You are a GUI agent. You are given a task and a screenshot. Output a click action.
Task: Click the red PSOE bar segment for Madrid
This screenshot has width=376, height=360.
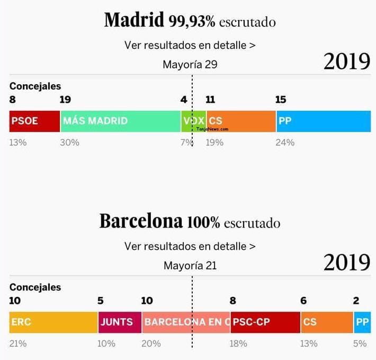pos(34,121)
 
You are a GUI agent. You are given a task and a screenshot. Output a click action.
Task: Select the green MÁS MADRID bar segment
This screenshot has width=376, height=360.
pos(120,121)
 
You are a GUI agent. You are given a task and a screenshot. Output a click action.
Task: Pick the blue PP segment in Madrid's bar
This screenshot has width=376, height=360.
pos(323,121)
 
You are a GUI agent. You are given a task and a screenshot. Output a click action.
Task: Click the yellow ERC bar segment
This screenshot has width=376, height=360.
pos(53,322)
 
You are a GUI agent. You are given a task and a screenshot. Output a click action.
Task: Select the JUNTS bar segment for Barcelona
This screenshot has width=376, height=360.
pos(120,322)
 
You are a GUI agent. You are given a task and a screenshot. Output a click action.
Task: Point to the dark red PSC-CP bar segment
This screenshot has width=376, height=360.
pos(265,322)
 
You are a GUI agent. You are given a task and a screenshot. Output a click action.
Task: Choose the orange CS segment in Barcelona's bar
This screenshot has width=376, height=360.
pos(327,322)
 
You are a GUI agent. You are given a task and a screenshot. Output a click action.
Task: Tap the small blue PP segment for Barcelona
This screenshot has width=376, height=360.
pos(362,322)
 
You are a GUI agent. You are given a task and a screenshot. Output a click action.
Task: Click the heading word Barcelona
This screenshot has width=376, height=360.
pos(141,221)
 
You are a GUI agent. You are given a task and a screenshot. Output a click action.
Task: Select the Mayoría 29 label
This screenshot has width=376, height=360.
pos(190,65)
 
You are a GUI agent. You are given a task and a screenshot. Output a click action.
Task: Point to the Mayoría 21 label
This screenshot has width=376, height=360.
pos(190,266)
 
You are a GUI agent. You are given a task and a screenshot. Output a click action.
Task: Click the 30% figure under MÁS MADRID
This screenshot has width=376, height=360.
pos(69,142)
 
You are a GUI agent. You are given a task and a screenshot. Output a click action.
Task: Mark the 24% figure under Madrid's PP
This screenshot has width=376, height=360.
pos(285,142)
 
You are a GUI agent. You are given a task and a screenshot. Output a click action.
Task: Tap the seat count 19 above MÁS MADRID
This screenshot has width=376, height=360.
pos(65,100)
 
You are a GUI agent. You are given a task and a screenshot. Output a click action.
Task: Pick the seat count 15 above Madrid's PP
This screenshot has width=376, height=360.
pos(281,100)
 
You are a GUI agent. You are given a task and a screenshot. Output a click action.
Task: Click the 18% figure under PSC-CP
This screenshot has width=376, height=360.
pos(238,344)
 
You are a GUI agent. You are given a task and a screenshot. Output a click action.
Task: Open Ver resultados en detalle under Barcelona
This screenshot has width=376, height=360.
pos(190,246)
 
